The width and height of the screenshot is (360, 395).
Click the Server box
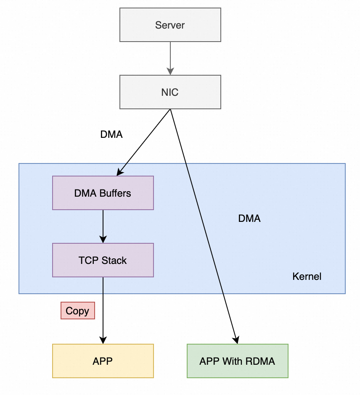pos(170,25)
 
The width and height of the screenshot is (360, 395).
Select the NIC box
pos(170,92)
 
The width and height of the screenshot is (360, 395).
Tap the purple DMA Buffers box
pos(103,193)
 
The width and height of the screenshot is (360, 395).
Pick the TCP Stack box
pos(103,260)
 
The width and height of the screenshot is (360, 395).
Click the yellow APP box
pos(103,361)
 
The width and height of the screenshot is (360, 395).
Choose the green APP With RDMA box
pos(237,361)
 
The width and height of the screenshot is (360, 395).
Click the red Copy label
pos(77,311)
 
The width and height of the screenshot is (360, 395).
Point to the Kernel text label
pos(307,276)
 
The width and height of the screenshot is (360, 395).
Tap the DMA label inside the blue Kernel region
pos(249,219)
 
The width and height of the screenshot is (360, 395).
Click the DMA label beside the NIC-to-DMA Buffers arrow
pos(111,134)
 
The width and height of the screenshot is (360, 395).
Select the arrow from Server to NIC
pos(170,57)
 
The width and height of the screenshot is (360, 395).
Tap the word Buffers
pos(116,193)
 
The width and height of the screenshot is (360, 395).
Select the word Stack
pos(114,261)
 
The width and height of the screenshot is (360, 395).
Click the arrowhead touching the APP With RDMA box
pos(237,340)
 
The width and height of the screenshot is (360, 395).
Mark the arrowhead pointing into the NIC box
pos(170,72)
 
